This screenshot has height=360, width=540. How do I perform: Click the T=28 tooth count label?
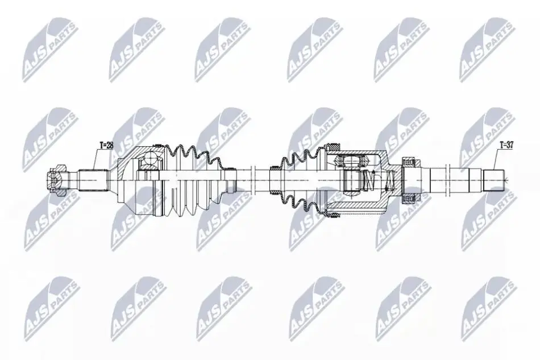coord(106,146)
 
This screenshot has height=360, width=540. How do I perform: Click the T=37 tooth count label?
coord(506,146)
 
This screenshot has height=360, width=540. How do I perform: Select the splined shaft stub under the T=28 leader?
coord(92,180)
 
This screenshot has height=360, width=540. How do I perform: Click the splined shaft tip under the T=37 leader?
coord(493,180)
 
